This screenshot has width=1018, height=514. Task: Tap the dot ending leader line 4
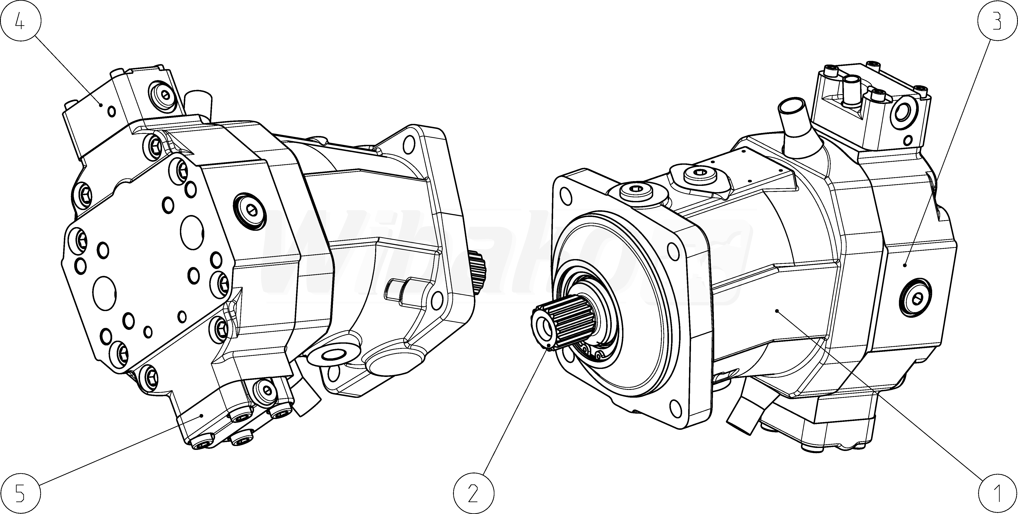(101, 104)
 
